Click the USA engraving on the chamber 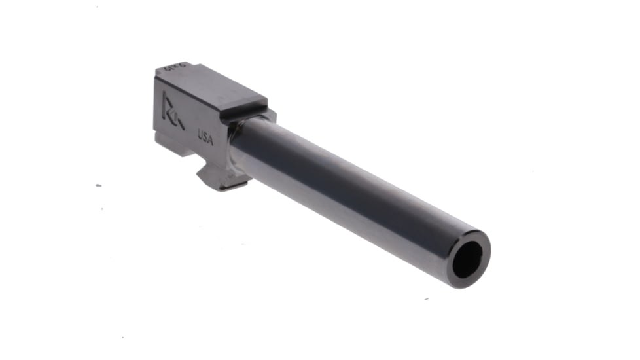[x=205, y=135]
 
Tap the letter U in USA [x=200, y=134]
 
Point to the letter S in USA [x=205, y=135]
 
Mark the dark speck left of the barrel [x=98, y=185]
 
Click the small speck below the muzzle [x=426, y=300]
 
